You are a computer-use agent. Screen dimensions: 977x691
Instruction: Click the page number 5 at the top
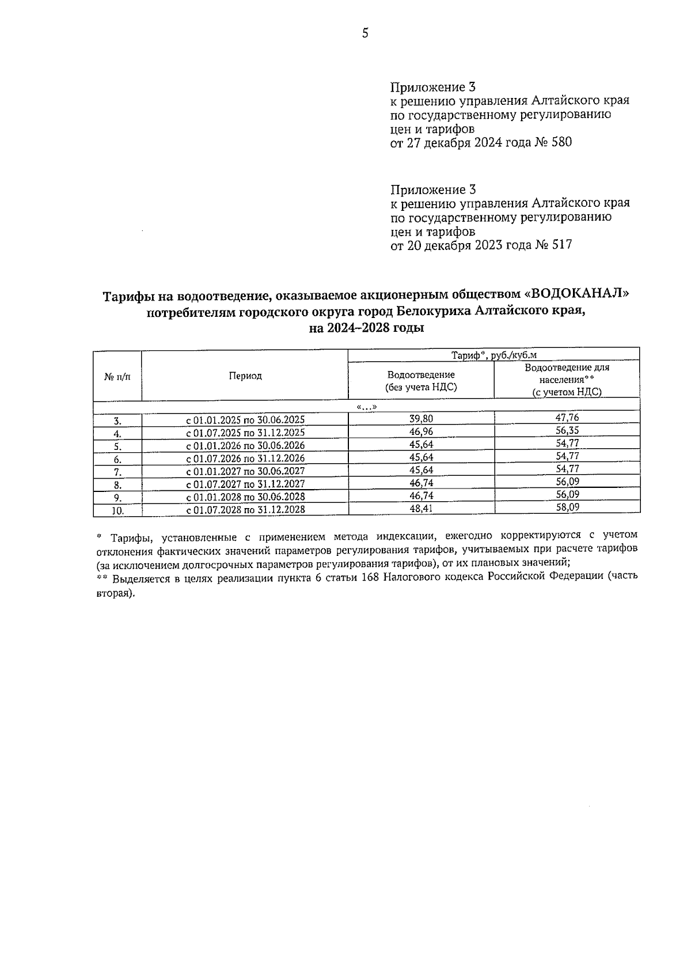tap(365, 33)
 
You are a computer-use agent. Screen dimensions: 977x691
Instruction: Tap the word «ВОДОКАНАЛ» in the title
tap(575, 295)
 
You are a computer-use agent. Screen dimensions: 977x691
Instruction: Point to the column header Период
tap(245, 376)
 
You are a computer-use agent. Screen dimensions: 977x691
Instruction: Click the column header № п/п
tap(117, 376)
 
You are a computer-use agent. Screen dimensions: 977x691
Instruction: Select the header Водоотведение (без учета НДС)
tap(421, 381)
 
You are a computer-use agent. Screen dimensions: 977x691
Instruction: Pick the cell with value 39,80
tap(421, 419)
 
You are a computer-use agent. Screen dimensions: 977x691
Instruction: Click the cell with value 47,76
tap(567, 418)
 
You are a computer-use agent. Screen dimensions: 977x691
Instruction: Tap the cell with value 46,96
tap(421, 431)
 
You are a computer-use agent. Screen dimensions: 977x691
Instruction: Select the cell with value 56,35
tap(567, 430)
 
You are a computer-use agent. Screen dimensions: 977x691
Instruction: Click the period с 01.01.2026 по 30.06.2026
tap(245, 445)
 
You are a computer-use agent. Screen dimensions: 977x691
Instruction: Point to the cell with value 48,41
tap(421, 508)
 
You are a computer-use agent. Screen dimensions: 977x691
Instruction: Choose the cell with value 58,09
tap(567, 507)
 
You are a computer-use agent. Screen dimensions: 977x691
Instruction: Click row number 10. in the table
tap(117, 510)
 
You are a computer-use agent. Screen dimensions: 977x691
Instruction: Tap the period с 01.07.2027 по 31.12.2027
tap(245, 484)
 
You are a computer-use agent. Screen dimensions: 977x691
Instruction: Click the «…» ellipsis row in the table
tap(367, 407)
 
